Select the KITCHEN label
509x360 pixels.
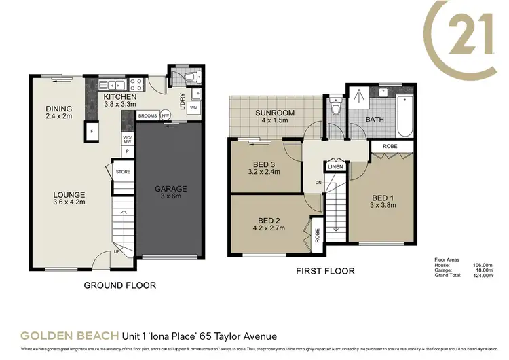tap(120, 97)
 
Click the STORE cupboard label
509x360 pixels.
tap(123, 172)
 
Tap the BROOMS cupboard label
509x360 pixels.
tap(147, 116)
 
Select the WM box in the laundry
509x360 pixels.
tap(193, 108)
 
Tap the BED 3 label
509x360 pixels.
tap(264, 163)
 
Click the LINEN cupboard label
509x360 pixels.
tap(335, 166)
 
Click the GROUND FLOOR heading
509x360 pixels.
tap(119, 285)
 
